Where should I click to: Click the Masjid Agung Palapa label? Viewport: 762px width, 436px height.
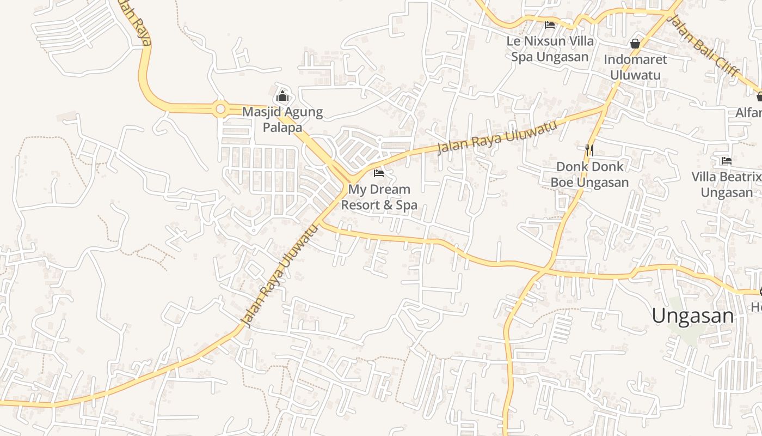282,120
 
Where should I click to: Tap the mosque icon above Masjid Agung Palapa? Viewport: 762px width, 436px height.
282,97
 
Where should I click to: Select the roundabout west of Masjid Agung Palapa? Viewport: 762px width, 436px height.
220,110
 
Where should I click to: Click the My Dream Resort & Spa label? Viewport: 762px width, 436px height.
379,197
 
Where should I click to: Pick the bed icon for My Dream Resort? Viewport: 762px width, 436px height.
379,173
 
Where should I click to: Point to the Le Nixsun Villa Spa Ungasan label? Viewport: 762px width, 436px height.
550,49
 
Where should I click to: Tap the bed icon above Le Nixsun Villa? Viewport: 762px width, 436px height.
550,25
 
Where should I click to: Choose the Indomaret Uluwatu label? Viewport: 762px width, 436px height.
635,67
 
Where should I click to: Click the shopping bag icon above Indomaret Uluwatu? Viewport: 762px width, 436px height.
635,44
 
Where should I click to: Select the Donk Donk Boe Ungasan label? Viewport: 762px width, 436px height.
589,174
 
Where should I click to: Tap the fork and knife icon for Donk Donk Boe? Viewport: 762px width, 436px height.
589,149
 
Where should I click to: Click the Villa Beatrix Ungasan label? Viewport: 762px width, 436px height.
727,185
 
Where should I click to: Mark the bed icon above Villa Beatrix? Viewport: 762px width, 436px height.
726,161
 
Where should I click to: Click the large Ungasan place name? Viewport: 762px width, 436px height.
692,316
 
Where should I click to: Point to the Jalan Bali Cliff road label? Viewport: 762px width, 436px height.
704,46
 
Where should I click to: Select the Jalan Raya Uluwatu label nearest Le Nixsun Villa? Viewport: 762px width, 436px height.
497,137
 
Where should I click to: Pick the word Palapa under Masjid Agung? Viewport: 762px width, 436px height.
282,128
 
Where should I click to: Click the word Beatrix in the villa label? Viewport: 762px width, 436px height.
739,177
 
